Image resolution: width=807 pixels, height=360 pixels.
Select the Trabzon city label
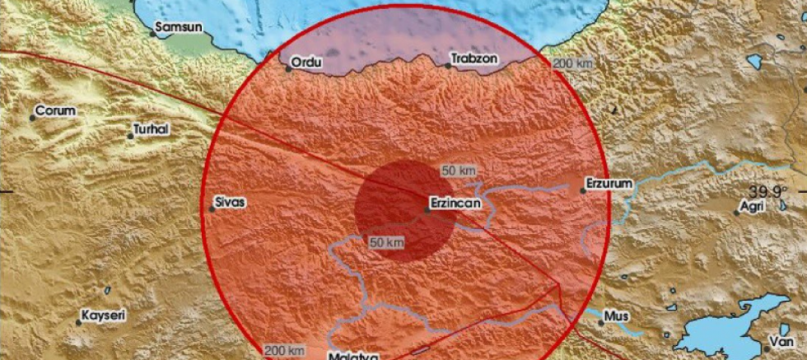[x=473, y=60]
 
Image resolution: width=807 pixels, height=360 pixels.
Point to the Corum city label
[x=55, y=110]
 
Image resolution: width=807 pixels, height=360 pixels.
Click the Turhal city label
[x=152, y=129]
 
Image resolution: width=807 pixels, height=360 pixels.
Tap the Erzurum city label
[x=610, y=182]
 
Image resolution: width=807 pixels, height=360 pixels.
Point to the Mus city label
[x=616, y=315]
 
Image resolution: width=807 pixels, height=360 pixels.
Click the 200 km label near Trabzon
[x=573, y=63]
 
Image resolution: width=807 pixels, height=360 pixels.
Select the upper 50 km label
[x=459, y=171]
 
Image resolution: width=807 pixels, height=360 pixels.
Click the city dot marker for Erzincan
[x=427, y=210]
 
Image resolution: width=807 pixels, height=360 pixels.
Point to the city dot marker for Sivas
[x=212, y=209]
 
